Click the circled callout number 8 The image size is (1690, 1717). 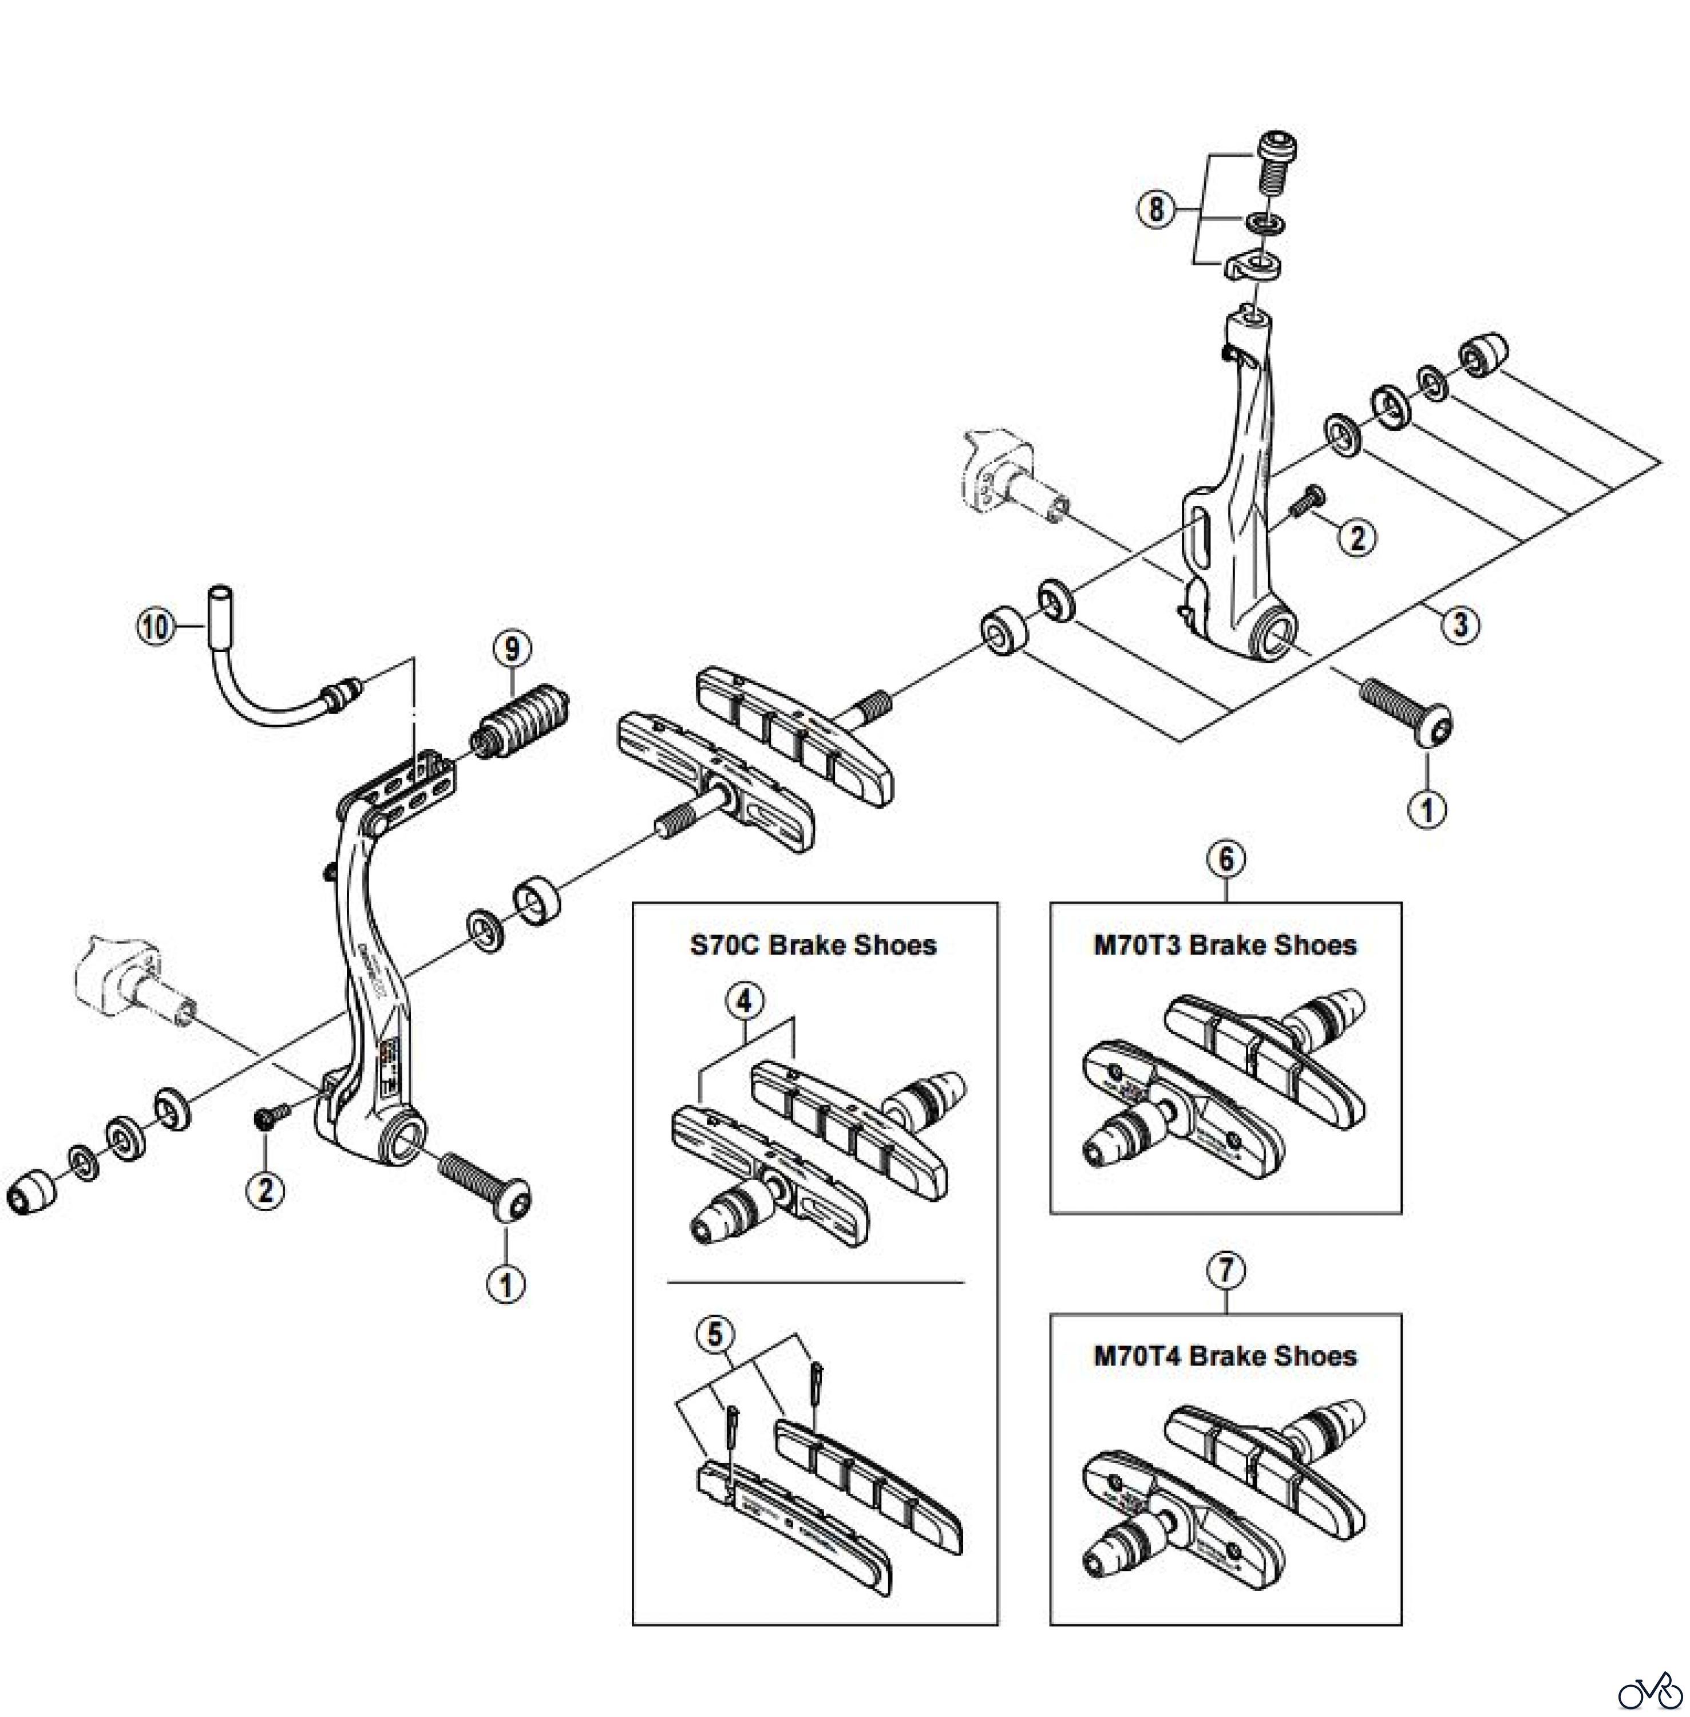pos(1155,211)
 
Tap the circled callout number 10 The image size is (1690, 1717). pos(155,627)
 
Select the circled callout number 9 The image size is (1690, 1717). pos(513,649)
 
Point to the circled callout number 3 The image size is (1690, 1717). pos(1460,624)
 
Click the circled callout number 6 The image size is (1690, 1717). pos(1226,860)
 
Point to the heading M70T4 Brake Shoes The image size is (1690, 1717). pos(1225,1356)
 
